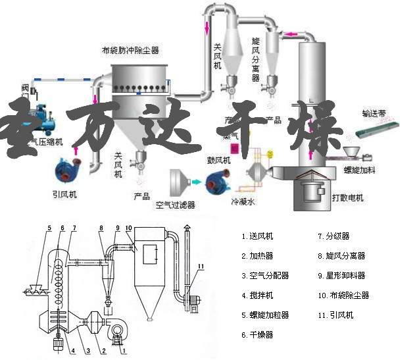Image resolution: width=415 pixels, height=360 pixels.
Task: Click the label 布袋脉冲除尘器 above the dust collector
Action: pos(130,50)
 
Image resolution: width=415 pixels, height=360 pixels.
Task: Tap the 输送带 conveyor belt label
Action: pos(375,113)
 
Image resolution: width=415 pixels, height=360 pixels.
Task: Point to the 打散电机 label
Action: pos(347,197)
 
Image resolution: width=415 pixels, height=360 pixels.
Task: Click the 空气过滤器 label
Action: pos(176,205)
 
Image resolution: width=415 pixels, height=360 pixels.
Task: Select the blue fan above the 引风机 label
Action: pos(68,170)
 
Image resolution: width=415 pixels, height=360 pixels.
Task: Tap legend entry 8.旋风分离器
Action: pos(341,255)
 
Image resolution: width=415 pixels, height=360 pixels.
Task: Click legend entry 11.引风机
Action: pos(335,315)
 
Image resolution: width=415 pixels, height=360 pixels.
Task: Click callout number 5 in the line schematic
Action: pos(49,228)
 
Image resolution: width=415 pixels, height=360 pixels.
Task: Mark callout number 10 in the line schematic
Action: pos(129,228)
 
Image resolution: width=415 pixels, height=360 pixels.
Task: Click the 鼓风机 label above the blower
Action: pos(218,160)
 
